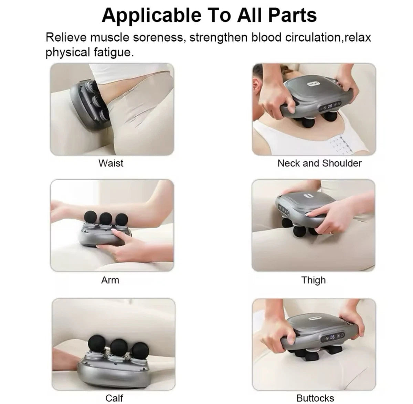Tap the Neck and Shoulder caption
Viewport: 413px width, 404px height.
point(319,163)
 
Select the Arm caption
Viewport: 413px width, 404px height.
point(110,280)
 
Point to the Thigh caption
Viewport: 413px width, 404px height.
point(313,280)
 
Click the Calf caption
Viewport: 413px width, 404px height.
point(114,398)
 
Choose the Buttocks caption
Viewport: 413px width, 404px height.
point(315,398)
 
